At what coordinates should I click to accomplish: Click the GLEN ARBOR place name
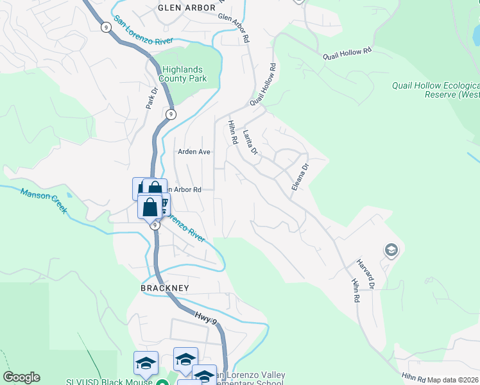coord(184,8)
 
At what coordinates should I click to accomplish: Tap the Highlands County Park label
coord(183,74)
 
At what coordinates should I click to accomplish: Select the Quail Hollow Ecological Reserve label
coord(436,90)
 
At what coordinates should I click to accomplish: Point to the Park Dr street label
coord(151,97)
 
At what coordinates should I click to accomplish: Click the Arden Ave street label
coord(194,152)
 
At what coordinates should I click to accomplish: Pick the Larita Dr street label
coord(250,143)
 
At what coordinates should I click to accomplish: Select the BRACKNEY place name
coord(165,288)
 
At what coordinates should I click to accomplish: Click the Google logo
coord(21,377)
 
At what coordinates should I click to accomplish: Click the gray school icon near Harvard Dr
coord(391,250)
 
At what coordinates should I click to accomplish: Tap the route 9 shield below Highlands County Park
coord(170,114)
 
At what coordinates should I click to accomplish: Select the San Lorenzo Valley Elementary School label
coord(250,379)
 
